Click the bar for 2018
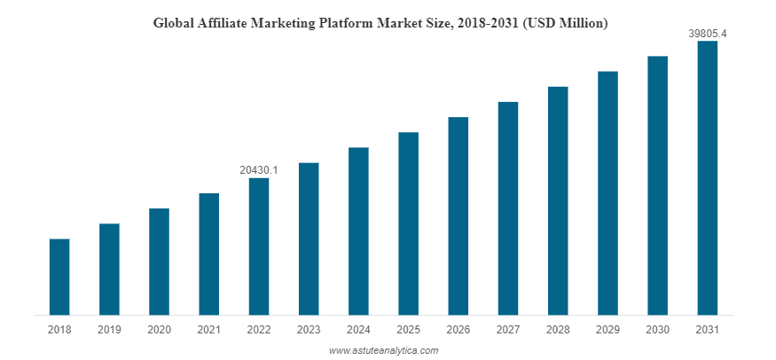pyautogui.click(x=59, y=277)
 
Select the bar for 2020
pyautogui.click(x=159, y=262)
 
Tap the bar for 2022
pyautogui.click(x=259, y=247)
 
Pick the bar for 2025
pyautogui.click(x=408, y=223)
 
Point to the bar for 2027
pyautogui.click(x=507, y=208)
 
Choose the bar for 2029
pyautogui.click(x=607, y=192)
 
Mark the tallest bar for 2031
pyautogui.click(x=707, y=177)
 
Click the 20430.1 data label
pyautogui.click(x=259, y=169)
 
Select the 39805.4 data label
pyautogui.click(x=707, y=33)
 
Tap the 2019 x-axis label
pyautogui.click(x=109, y=329)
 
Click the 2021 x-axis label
pyautogui.click(x=209, y=329)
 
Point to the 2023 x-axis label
pyautogui.click(x=309, y=329)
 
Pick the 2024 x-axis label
pyautogui.click(x=358, y=329)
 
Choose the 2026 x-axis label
pyautogui.click(x=458, y=329)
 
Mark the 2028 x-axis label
pyautogui.click(x=557, y=329)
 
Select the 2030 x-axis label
pyautogui.click(x=657, y=329)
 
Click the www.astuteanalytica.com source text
pyautogui.click(x=384, y=350)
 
